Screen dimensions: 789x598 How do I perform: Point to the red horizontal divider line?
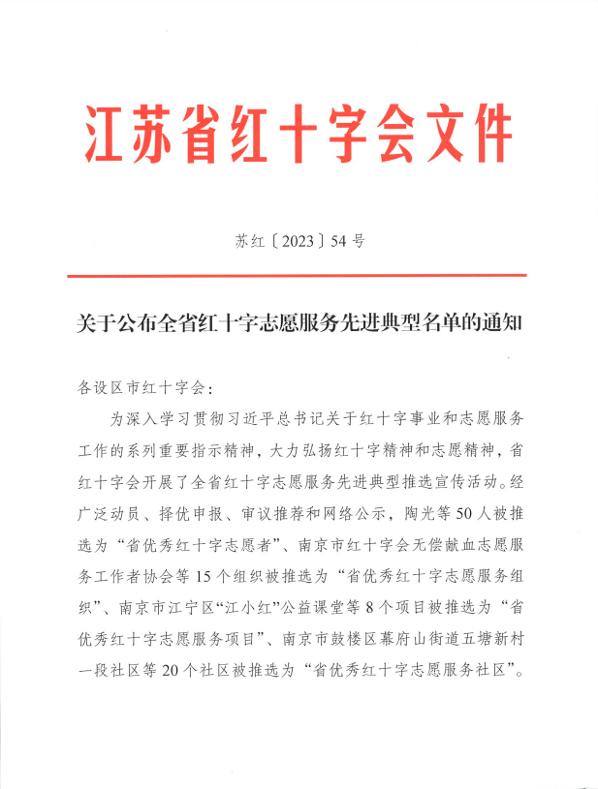coord(297,276)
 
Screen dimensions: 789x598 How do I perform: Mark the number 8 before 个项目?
coord(402,606)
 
